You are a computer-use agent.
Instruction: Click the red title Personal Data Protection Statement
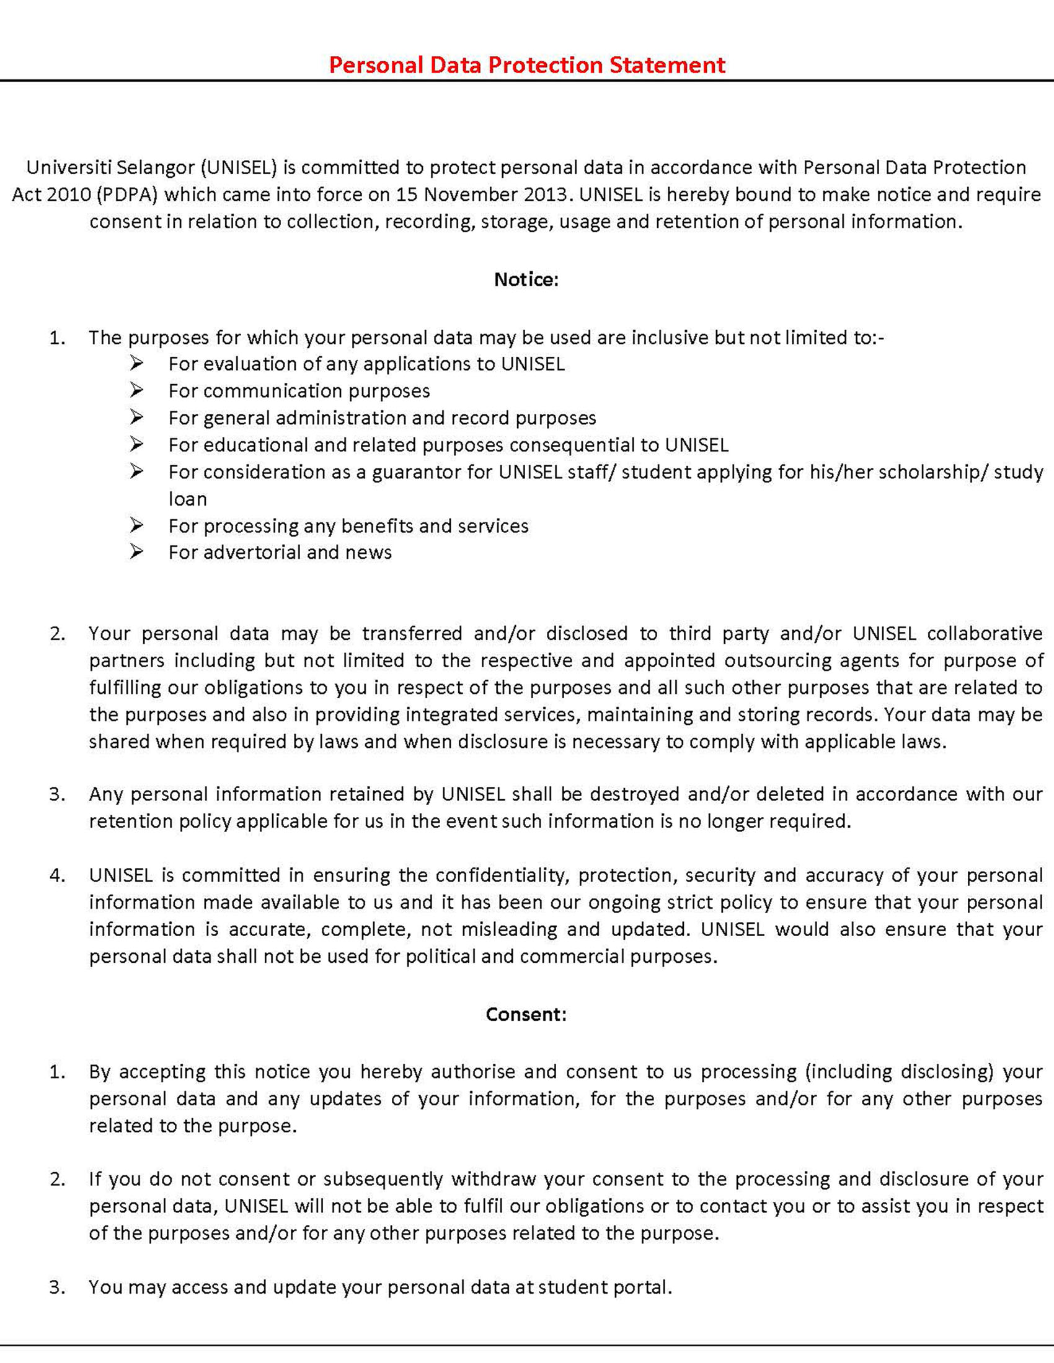[526, 65]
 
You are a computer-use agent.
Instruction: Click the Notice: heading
[526, 279]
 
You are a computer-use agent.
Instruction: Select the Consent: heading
[526, 1014]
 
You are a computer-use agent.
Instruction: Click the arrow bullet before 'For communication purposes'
[137, 390]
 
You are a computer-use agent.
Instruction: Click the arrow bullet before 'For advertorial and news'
[137, 551]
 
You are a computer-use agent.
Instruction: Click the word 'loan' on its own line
[187, 499]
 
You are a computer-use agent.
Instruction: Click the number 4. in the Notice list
[58, 875]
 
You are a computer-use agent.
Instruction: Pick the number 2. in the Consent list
[58, 1179]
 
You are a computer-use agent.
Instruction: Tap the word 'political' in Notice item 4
[440, 956]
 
